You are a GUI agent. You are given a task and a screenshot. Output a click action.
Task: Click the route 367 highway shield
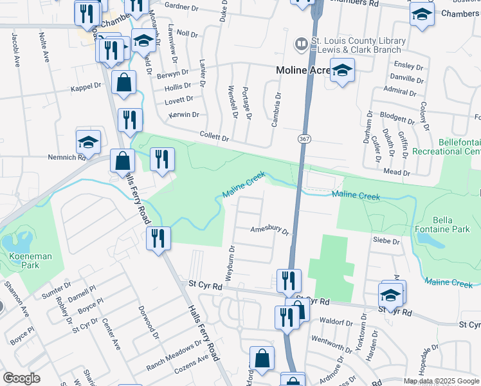tap(302, 139)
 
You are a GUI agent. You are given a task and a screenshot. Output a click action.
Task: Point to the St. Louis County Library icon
tap(300, 44)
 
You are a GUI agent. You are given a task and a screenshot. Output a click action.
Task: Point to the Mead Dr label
tap(397, 172)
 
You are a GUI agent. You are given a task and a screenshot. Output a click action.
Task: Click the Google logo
tap(22, 378)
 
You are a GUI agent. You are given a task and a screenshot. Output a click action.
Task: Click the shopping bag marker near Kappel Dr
tap(123, 82)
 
